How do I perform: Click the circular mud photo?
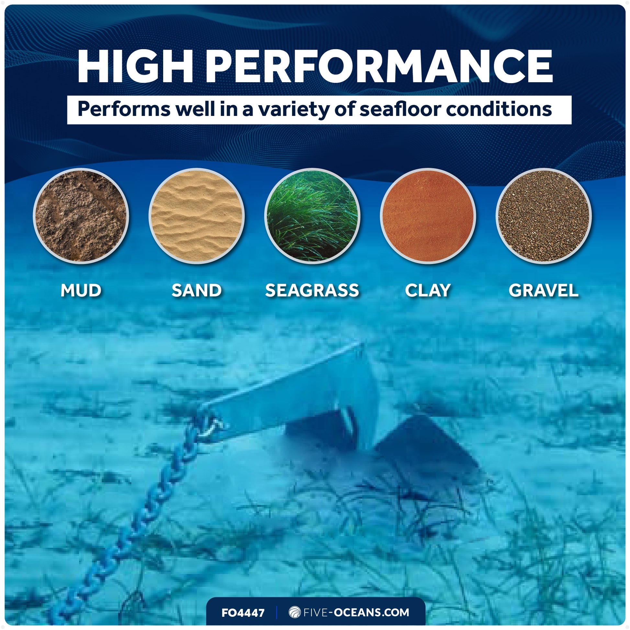point(81,216)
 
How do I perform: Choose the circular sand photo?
point(197,216)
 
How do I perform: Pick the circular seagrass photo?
point(312,216)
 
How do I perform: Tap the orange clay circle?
point(428,216)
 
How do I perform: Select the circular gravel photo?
point(544,216)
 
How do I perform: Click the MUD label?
point(81,290)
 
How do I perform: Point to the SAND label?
point(197,290)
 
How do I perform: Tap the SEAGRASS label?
point(312,290)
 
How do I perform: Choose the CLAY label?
point(428,290)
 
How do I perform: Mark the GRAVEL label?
point(544,290)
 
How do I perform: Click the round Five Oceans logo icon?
point(295,612)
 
